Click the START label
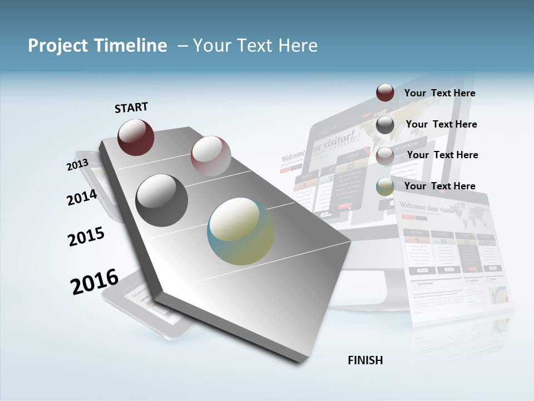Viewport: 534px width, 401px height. (131, 107)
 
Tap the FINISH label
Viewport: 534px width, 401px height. (365, 360)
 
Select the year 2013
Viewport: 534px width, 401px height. (77, 164)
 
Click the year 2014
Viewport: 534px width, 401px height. (82, 198)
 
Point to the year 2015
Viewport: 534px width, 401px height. (86, 237)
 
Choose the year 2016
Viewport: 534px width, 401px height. (95, 281)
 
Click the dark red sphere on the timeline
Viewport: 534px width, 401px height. (136, 137)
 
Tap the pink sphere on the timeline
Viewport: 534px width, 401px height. (211, 156)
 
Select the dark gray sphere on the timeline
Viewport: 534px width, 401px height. (162, 200)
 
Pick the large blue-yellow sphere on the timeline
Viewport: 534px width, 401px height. (241, 231)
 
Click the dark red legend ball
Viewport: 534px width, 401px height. (385, 92)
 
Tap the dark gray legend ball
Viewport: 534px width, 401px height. (385, 125)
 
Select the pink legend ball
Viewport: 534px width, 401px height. (385, 156)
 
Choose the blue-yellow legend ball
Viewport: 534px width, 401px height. (385, 187)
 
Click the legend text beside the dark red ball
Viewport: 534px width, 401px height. (439, 93)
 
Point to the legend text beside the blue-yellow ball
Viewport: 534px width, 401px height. (439, 186)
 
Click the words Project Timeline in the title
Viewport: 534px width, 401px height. (97, 46)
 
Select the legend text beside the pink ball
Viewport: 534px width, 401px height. (442, 155)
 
